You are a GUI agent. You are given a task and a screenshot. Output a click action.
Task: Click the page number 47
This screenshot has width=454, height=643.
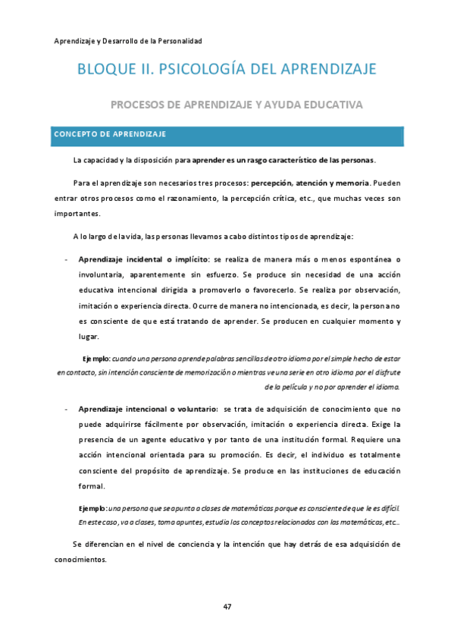pos(227,605)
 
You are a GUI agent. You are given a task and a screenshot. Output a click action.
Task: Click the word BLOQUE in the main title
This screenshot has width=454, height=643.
pos(105,70)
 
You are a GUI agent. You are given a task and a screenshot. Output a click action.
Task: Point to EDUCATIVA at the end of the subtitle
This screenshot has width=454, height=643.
pos(333,104)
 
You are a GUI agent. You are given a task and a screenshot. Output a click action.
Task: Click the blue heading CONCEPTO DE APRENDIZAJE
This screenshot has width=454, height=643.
pos(109,134)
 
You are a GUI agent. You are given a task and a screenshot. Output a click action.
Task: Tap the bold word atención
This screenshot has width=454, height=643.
pos(315,183)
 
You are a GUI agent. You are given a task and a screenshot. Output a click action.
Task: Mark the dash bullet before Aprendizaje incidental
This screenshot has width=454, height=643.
pos(67,259)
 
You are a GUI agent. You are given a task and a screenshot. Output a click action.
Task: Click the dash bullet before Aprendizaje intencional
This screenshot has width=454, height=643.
pos(67,409)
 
